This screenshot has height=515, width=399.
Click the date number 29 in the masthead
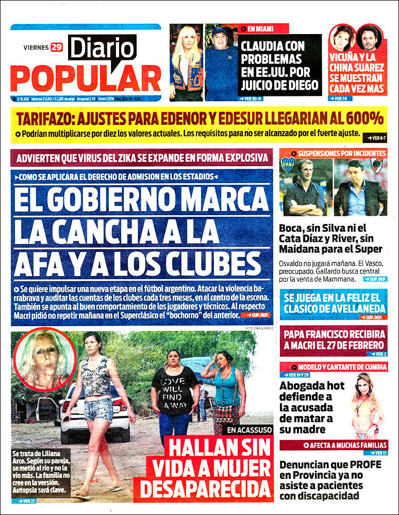[57, 47]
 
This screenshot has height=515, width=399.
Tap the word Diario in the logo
[102, 49]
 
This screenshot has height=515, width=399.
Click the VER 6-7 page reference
[374, 138]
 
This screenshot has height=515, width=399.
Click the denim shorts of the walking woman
[99, 409]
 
